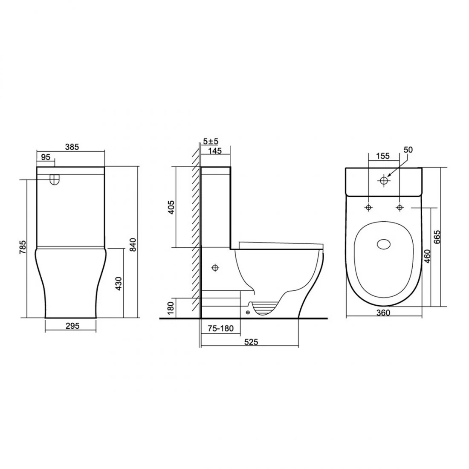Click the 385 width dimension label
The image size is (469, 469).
click(x=72, y=147)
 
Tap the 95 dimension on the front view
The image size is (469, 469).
click(x=46, y=157)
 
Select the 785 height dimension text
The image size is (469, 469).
click(x=23, y=248)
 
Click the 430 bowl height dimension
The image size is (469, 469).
click(x=119, y=284)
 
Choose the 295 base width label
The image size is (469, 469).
click(x=72, y=326)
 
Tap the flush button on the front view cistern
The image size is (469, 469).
click(x=54, y=180)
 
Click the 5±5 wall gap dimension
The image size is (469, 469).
click(x=211, y=141)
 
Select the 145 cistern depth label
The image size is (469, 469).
click(x=215, y=151)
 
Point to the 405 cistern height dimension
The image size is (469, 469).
click(x=171, y=207)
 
